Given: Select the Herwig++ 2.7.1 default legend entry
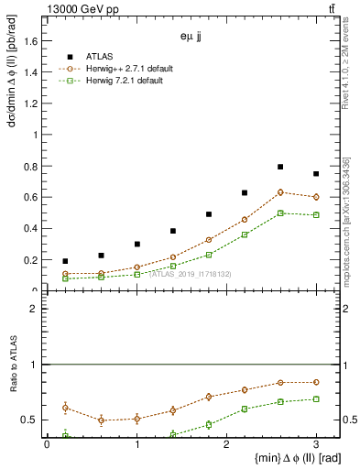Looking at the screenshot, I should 124,68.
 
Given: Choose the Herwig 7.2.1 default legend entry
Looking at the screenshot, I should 122,81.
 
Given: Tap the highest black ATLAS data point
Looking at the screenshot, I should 280,167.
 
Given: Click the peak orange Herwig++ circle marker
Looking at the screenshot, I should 280,192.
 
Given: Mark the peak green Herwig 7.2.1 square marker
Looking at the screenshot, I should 280,213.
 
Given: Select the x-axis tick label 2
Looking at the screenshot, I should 226,444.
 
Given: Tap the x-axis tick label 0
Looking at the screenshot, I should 47,444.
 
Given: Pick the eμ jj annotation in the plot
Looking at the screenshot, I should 191,38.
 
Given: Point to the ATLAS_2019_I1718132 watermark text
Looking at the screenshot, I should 190,274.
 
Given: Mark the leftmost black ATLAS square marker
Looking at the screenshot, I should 65,261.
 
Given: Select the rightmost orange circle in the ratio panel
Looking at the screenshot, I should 316,382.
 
